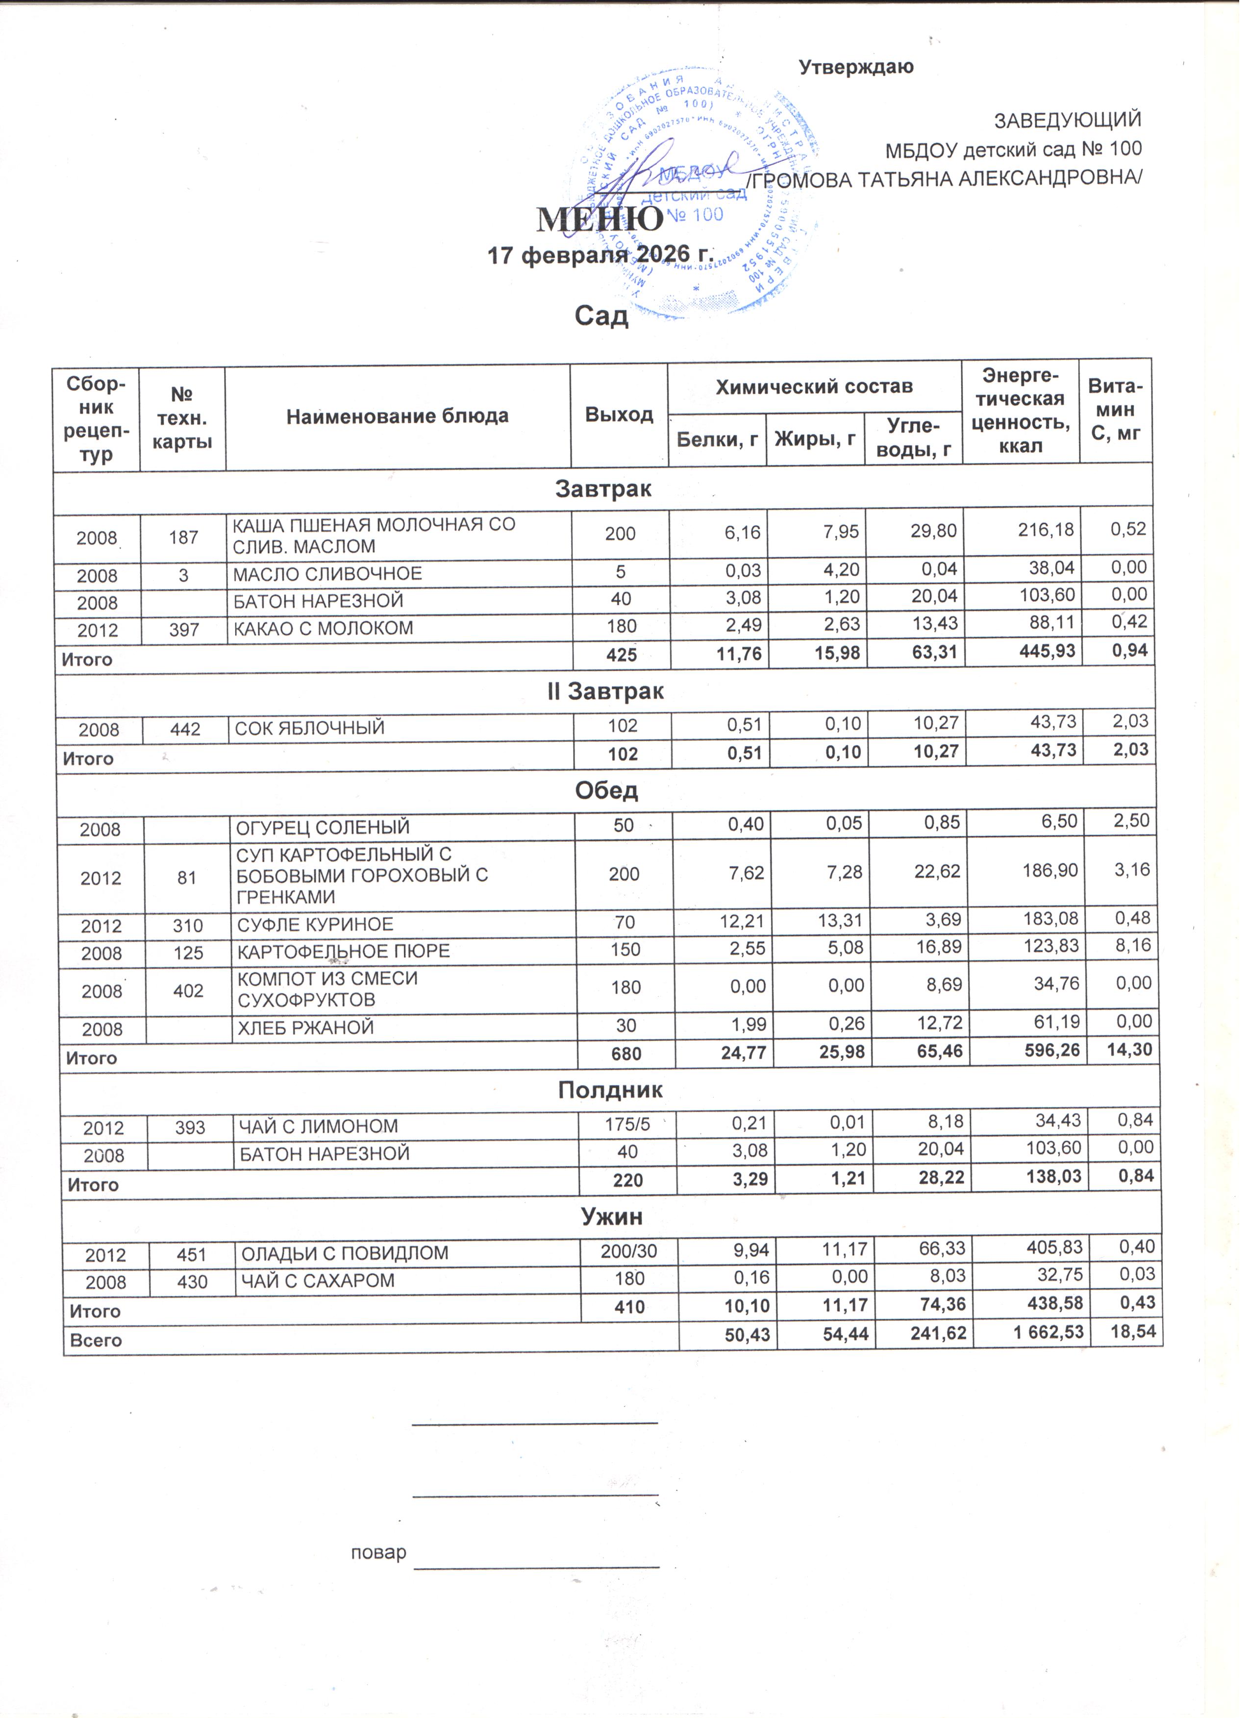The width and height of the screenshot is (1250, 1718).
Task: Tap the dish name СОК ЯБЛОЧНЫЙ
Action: coord(311,733)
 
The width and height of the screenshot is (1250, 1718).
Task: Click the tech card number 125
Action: coord(188,958)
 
